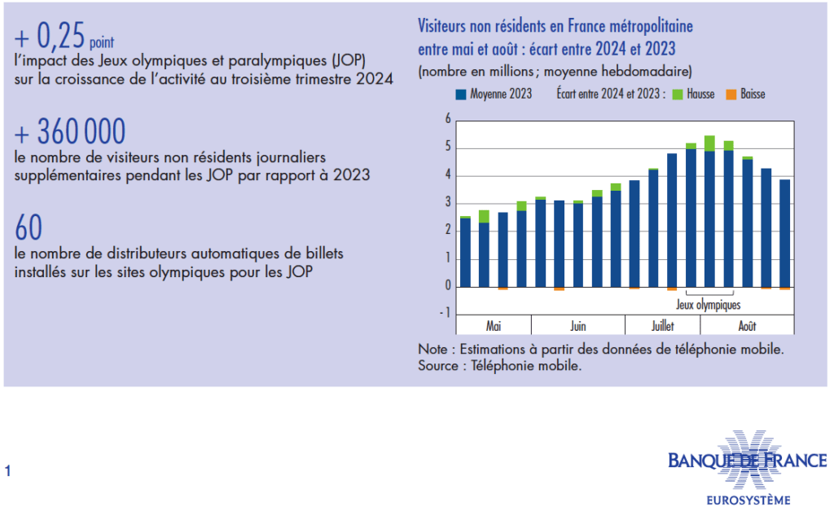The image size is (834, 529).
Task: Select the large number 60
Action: click(x=29, y=227)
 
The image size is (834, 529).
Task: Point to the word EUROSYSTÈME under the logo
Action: click(x=747, y=500)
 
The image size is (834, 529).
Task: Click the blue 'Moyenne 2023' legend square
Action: click(x=461, y=95)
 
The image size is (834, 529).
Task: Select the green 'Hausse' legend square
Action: click(x=677, y=95)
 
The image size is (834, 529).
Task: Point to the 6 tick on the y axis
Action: click(x=447, y=120)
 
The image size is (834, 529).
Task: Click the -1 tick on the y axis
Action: click(x=446, y=314)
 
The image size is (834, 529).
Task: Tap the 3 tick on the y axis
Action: click(x=447, y=203)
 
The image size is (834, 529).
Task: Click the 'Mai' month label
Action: click(x=494, y=326)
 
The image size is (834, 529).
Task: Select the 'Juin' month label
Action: click(x=577, y=326)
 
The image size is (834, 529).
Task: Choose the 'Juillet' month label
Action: click(x=662, y=326)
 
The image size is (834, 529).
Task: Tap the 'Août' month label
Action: click(x=747, y=326)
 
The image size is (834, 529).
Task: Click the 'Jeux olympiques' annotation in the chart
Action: click(x=709, y=306)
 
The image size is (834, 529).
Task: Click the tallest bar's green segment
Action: click(x=709, y=143)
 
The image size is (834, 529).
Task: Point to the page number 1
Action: click(x=8, y=470)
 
